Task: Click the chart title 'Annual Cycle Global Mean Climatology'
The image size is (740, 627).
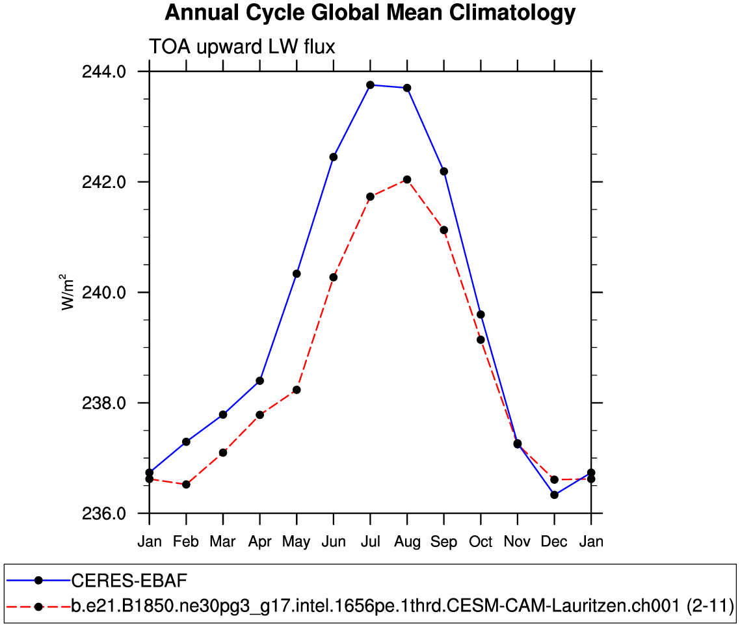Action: pyautogui.click(x=370, y=13)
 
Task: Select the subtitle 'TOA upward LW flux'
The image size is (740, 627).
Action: pyautogui.click(x=242, y=47)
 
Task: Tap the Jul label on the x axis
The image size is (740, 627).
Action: pyautogui.click(x=370, y=542)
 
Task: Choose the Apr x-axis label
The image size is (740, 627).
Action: pyautogui.click(x=259, y=542)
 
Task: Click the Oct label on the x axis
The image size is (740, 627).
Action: pyautogui.click(x=481, y=542)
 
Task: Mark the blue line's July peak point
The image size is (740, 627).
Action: pyautogui.click(x=370, y=85)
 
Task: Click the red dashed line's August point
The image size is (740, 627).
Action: pyautogui.click(x=407, y=180)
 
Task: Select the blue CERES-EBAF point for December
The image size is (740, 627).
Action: pyautogui.click(x=554, y=495)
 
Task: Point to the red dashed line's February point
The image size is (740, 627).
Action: pyautogui.click(x=186, y=485)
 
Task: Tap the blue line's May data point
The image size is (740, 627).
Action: pyautogui.click(x=297, y=274)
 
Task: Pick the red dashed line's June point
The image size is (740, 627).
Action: pyautogui.click(x=334, y=277)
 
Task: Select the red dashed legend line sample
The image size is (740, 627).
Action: pyautogui.click(x=38, y=607)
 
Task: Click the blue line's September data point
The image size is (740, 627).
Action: pyautogui.click(x=444, y=172)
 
